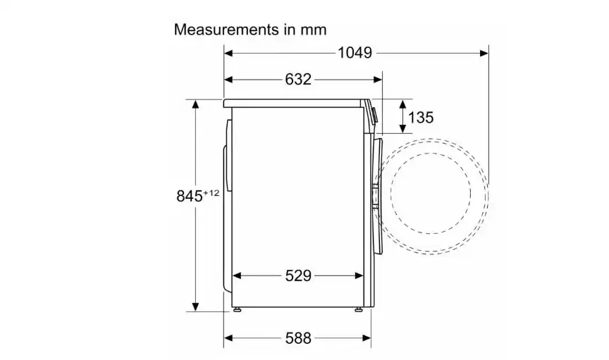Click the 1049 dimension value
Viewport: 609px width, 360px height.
[x=355, y=53]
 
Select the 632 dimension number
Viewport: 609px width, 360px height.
[x=298, y=79]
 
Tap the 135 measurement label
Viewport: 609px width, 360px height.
[x=421, y=117]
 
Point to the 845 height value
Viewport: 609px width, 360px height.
[x=189, y=196]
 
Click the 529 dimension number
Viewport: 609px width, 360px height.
[x=298, y=275]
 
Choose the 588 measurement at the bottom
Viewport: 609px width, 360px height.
[x=298, y=338]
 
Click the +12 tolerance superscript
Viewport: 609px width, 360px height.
[x=211, y=192]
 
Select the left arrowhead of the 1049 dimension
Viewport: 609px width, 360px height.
[x=228, y=53]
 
